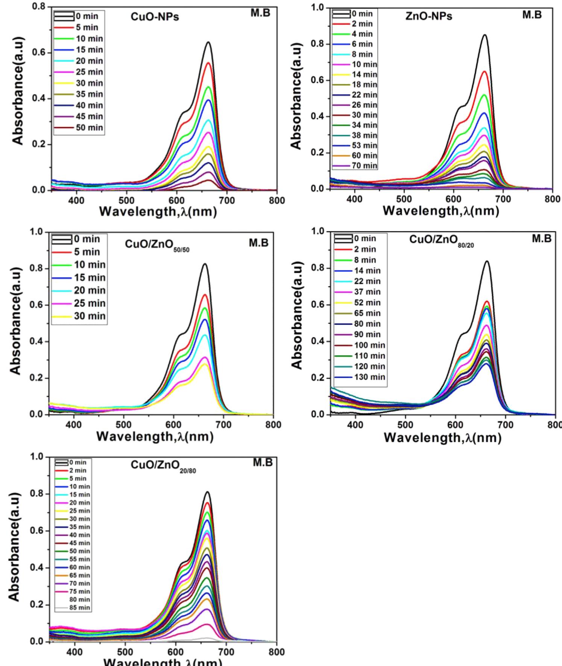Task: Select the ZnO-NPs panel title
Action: point(429,17)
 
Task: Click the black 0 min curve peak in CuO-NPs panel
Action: point(208,42)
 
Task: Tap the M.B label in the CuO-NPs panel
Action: point(260,13)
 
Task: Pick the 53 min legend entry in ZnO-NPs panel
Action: point(364,145)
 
